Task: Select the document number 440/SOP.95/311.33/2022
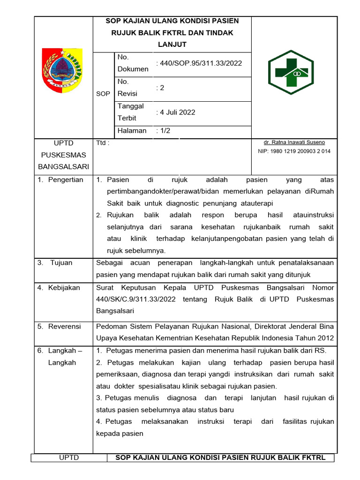coord(199,63)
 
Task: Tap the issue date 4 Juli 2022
coord(176,112)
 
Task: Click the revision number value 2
coord(160,88)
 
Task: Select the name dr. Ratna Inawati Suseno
coord(294,142)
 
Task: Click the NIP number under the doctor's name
coord(294,151)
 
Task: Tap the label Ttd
coord(102,143)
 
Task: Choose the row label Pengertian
coord(65,180)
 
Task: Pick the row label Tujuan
coord(61,262)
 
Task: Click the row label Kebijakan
coord(64,287)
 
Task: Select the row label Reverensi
coord(64,326)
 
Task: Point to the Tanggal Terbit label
coord(131,112)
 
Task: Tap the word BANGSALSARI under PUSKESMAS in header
coord(63,167)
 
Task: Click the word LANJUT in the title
coord(172,45)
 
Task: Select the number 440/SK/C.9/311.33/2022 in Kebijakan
coord(135,299)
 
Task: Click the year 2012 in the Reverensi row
coord(325,338)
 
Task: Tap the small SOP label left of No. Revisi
coord(103,94)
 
